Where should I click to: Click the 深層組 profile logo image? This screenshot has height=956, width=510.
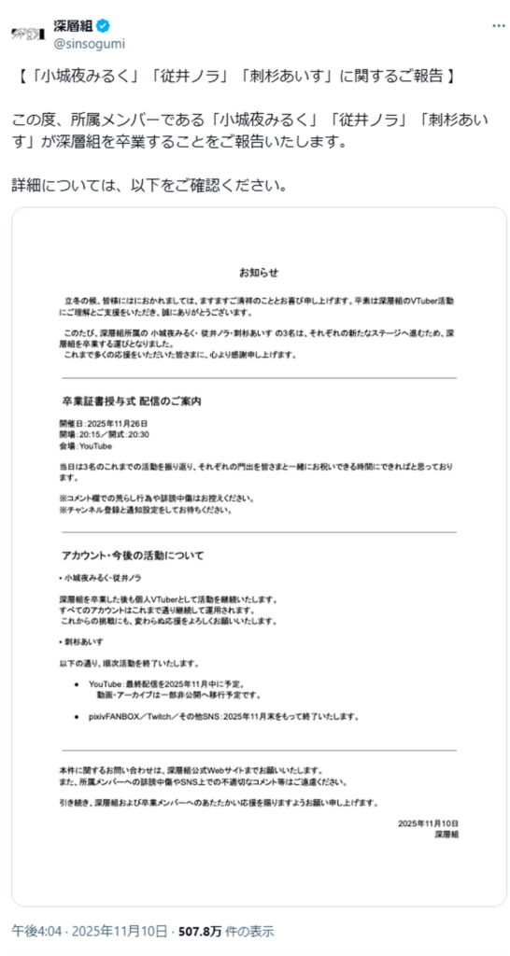(x=28, y=33)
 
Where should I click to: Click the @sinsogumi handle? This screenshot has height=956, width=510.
(x=90, y=43)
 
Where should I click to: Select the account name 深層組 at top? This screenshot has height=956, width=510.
(x=78, y=26)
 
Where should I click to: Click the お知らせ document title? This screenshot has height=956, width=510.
(x=258, y=273)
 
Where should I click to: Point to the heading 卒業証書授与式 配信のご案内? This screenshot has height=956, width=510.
(x=131, y=401)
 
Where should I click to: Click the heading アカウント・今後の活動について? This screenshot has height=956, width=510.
(x=132, y=555)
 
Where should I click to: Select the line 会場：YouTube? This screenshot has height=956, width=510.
(x=86, y=447)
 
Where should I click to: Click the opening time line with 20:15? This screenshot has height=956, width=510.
(x=104, y=435)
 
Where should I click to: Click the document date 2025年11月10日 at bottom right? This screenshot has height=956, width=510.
(x=428, y=822)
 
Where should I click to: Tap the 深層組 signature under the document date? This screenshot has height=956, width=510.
(x=446, y=835)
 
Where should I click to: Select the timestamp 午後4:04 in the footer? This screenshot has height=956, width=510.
(x=33, y=932)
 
